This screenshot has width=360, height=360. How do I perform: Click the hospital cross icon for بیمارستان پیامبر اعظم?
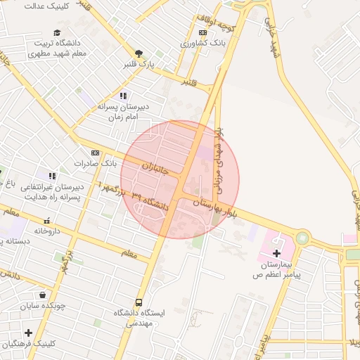pos(276,252)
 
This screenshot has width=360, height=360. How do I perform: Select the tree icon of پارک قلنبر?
pos(139,53)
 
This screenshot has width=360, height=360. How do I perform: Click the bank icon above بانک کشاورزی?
pos(202,32)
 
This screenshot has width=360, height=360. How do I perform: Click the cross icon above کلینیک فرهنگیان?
pos(28,333)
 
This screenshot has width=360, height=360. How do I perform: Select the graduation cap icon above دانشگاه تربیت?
pos(57,32)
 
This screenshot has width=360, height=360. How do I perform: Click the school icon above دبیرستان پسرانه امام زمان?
pos(123,96)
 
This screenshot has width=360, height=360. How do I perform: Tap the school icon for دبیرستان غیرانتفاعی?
pos(51,175)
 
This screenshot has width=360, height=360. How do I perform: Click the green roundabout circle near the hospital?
pos(302,238)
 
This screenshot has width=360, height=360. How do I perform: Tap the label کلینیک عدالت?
pos(31,6)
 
